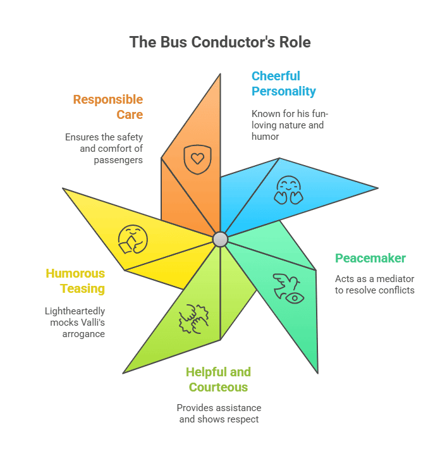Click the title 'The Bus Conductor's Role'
(x=220, y=42)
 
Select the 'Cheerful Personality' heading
(x=283, y=83)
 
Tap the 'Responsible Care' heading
(x=107, y=107)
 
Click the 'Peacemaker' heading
(x=370, y=258)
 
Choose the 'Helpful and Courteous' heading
(x=218, y=379)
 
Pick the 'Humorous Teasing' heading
(x=75, y=281)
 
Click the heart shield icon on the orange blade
(x=197, y=159)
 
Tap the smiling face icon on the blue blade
(x=288, y=190)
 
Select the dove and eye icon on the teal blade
(x=288, y=288)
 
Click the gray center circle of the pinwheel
(x=220, y=239)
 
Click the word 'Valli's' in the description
(x=90, y=323)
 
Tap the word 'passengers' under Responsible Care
(x=119, y=160)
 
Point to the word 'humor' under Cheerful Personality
(x=266, y=137)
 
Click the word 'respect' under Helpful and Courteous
(x=241, y=419)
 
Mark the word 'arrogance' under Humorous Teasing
(x=85, y=334)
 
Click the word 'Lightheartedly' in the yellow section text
(x=75, y=311)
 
